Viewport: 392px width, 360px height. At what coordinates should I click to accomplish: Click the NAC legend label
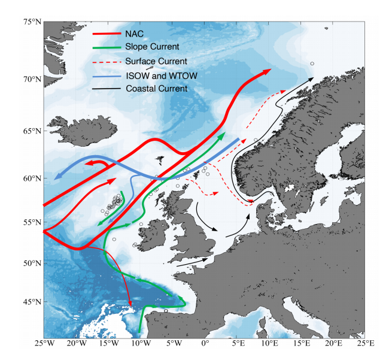(135, 34)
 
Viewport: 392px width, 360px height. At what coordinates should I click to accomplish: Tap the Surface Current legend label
(157, 61)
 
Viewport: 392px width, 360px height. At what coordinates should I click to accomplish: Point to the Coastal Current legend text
(157, 89)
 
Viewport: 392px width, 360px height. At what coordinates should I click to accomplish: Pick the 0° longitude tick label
(205, 343)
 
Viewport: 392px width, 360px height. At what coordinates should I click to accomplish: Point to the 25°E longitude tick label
(365, 343)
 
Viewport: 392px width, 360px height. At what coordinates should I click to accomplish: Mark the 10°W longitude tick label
(139, 343)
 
